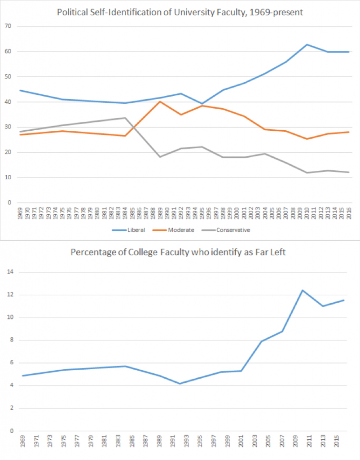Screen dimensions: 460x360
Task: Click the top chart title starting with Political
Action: coord(180,13)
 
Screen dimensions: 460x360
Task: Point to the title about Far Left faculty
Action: coord(178,252)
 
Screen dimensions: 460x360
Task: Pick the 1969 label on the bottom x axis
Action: coord(22,442)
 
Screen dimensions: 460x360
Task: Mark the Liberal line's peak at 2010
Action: coord(307,44)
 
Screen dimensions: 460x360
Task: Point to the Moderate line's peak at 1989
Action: coord(160,102)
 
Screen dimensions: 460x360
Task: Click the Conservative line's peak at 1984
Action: coord(125,118)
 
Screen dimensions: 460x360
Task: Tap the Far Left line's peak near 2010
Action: coord(302,290)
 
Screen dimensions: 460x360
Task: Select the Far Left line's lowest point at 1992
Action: coord(180,384)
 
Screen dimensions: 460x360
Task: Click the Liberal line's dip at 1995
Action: coord(202,103)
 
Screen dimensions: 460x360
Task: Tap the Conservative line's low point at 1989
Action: coord(160,157)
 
